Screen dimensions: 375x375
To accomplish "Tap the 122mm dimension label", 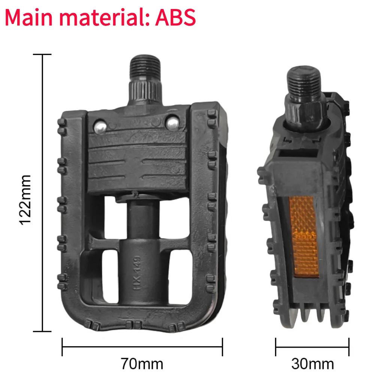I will click(x=26, y=199).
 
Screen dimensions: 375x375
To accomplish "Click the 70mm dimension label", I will click(x=142, y=363).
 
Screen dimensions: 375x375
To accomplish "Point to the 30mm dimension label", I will click(x=312, y=363).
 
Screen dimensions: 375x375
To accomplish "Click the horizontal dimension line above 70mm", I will click(x=142, y=347).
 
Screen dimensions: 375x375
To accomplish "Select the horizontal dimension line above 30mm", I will click(x=312, y=347).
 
